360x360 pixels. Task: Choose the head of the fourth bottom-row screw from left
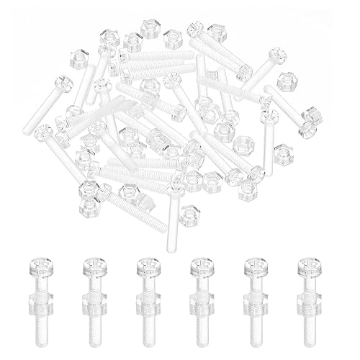201,266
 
